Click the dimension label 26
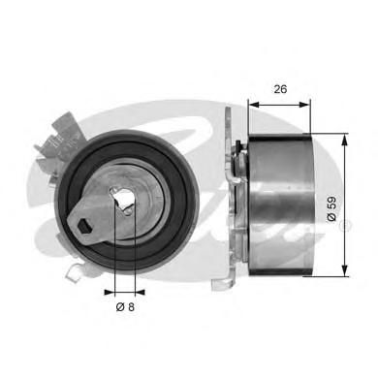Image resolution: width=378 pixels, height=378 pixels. [280, 89]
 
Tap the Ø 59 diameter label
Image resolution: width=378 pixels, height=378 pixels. [332, 208]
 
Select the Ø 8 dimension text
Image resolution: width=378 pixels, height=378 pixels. [125, 306]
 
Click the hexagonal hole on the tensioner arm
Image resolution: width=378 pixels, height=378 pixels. [84, 225]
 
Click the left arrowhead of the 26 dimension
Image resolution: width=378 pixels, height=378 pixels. [254, 105]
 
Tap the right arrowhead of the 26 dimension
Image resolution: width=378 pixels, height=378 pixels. [303, 105]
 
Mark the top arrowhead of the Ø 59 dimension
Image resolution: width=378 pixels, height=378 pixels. [345, 140]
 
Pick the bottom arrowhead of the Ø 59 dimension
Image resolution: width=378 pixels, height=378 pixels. [345, 270]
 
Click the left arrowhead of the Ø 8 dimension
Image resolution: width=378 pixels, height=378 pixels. [110, 293]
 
